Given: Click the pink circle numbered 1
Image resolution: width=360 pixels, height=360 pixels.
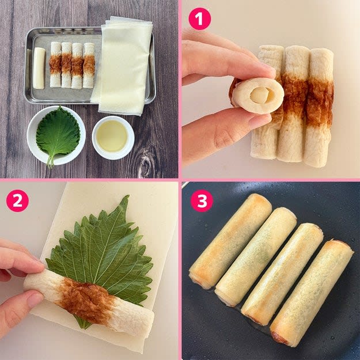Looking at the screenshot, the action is pyautogui.click(x=200, y=19).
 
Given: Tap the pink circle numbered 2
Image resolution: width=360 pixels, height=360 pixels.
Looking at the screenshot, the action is pyautogui.click(x=17, y=200).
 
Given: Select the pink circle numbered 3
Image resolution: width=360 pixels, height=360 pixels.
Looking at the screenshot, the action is pyautogui.click(x=202, y=200).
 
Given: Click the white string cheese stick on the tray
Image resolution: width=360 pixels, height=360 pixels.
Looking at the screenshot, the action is pyautogui.click(x=39, y=68).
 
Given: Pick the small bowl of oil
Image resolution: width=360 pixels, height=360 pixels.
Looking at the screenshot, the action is pyautogui.click(x=113, y=138).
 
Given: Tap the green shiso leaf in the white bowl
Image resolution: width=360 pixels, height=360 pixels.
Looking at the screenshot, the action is pyautogui.click(x=58, y=134).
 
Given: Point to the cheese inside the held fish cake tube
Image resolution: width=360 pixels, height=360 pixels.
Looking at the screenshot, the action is pyautogui.click(x=259, y=95).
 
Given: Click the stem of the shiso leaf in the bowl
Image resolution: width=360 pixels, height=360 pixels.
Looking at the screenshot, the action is pyautogui.click(x=51, y=161).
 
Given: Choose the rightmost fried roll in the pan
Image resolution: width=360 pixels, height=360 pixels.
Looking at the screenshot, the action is pyautogui.click(x=312, y=292).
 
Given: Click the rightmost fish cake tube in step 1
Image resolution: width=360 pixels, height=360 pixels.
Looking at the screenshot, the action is pyautogui.click(x=319, y=108).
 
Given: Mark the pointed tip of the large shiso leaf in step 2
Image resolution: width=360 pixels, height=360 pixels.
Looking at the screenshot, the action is pyautogui.click(x=127, y=196).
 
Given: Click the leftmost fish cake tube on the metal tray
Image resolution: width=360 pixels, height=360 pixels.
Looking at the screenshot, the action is pyautogui.click(x=55, y=65).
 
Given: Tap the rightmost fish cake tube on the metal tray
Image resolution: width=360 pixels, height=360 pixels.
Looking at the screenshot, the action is pyautogui.click(x=89, y=66).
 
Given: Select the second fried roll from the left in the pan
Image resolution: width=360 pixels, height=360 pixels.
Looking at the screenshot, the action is pyautogui.click(x=256, y=257).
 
